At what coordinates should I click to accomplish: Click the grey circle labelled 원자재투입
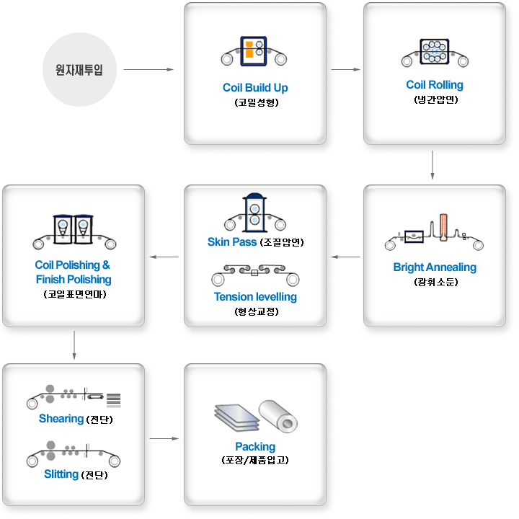pyautogui.click(x=79, y=70)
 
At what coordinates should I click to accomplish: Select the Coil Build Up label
pyautogui.click(x=255, y=88)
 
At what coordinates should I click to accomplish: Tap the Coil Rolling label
pyautogui.click(x=435, y=85)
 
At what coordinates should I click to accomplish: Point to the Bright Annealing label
pyautogui.click(x=435, y=267)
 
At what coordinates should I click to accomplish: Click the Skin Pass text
pyautogui.click(x=231, y=242)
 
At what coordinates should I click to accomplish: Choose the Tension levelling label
pyautogui.click(x=255, y=297)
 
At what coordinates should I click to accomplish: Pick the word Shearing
pyautogui.click(x=61, y=419)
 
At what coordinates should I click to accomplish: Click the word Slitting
pyautogui.click(x=61, y=474)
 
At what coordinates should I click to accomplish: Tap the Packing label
pyautogui.click(x=255, y=447)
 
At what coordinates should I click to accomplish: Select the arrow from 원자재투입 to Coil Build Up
pyautogui.click(x=149, y=70)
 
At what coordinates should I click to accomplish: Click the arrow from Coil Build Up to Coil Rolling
pyautogui.click(x=345, y=70)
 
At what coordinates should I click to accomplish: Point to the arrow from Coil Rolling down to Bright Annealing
pyautogui.click(x=432, y=164)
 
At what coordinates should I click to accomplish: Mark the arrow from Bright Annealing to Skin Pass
pyautogui.click(x=345, y=256)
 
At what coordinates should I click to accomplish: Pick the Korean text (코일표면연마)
pyautogui.click(x=74, y=295)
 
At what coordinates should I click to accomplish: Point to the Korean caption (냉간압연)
pyautogui.click(x=435, y=100)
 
